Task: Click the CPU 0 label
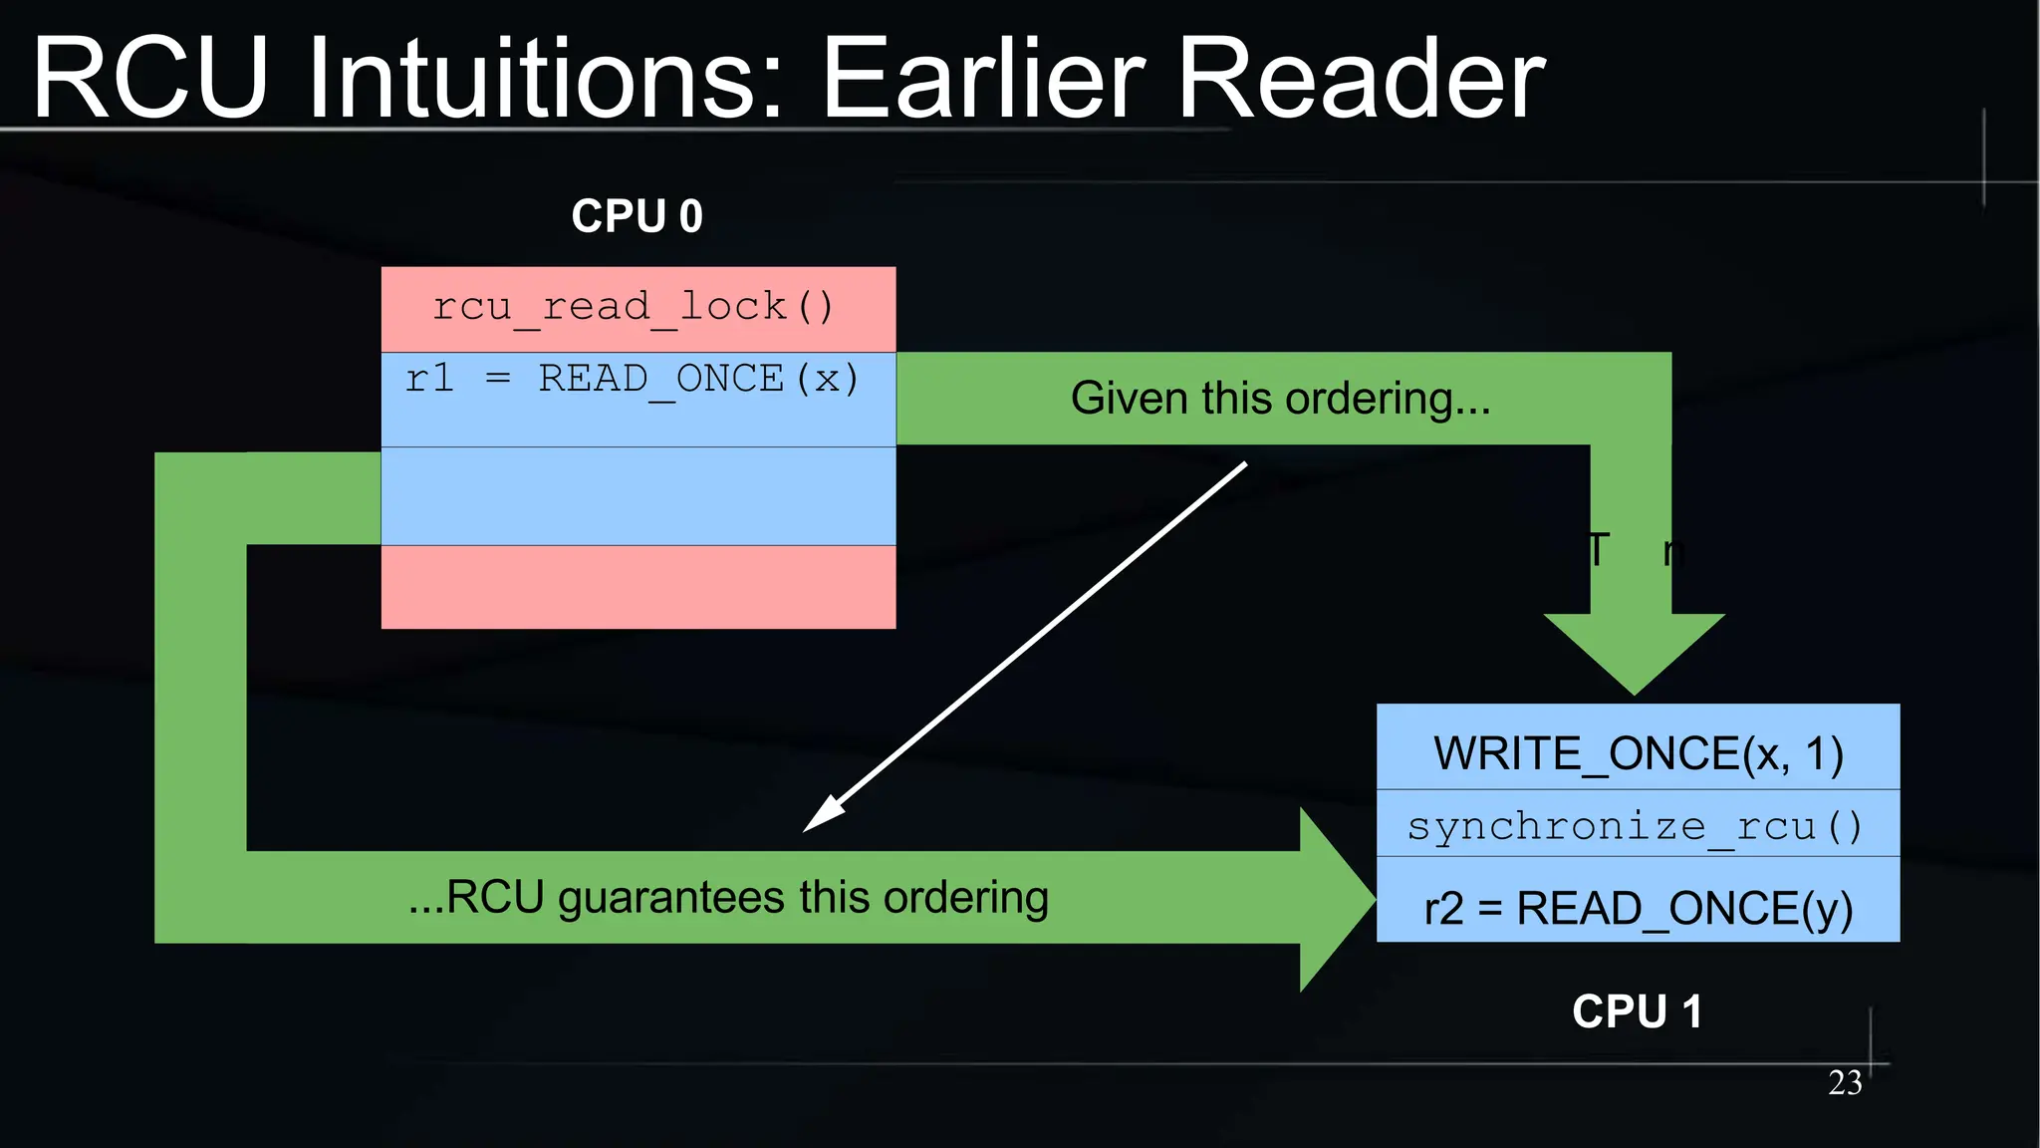(637, 216)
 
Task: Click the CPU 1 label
(1637, 1011)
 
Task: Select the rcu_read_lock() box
(637, 308)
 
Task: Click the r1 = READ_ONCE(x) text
(632, 380)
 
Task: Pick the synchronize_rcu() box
(1638, 825)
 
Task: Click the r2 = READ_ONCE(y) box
(1638, 907)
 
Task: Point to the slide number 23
(1845, 1082)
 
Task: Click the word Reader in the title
(1361, 80)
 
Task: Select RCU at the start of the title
(149, 80)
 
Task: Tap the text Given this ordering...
(1280, 399)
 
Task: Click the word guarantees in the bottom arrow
(671, 898)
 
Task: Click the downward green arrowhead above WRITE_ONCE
(1634, 653)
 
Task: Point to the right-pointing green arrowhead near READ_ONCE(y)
(1335, 899)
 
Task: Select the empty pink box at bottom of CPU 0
(637, 587)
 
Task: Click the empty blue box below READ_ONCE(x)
(637, 495)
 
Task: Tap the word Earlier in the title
(984, 80)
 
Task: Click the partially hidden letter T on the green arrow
(1597, 549)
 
